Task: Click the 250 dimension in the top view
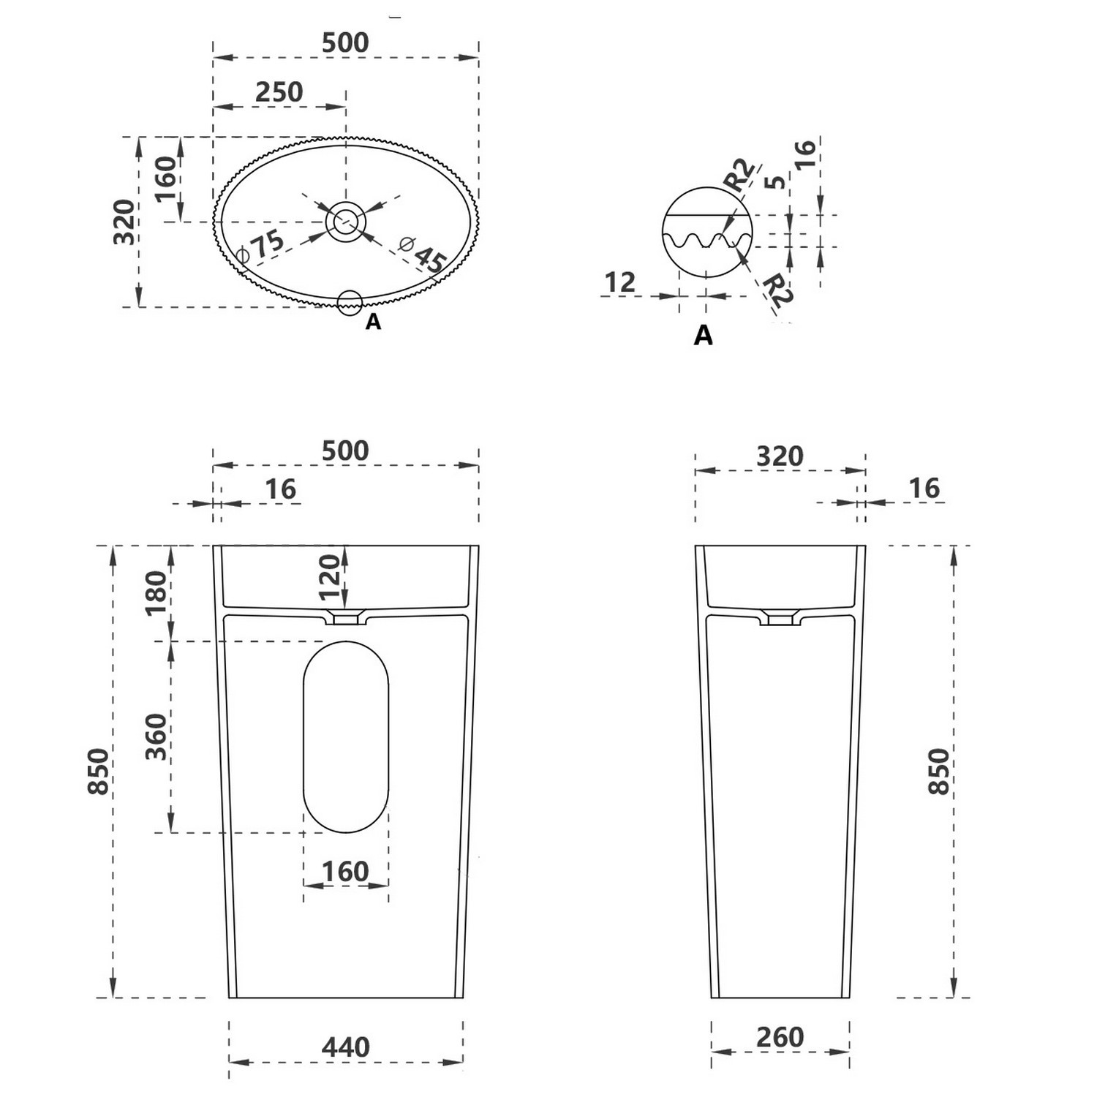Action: (279, 92)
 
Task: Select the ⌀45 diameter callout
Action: (423, 253)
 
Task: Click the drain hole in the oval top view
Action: (346, 221)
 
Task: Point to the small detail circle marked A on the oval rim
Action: (350, 302)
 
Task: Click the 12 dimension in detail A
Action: (620, 282)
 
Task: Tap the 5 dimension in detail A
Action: (776, 181)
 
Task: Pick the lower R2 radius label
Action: (777, 290)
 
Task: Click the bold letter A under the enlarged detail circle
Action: (703, 335)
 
